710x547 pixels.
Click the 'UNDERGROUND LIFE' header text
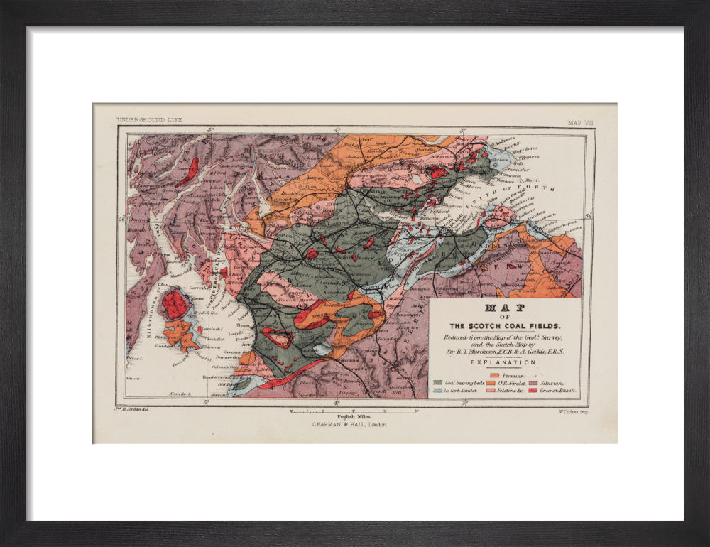149,120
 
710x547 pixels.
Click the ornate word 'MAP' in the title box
505,308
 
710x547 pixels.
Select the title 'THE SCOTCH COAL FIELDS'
505,326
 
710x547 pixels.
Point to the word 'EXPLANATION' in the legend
505,362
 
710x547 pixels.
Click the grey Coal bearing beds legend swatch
438,382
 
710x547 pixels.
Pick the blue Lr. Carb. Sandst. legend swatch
438,391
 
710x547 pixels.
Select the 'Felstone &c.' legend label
510,391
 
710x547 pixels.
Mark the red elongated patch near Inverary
190,171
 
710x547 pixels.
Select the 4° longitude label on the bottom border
337,402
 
